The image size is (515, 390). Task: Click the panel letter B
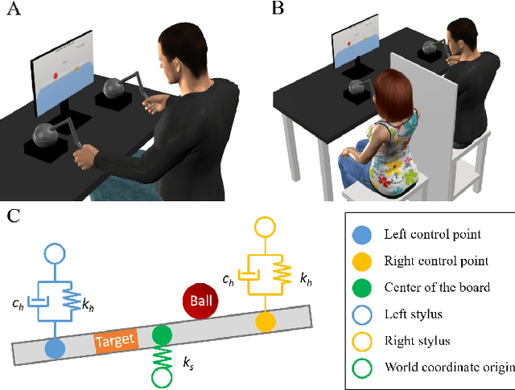[278, 9]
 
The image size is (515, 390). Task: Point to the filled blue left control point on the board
[55, 348]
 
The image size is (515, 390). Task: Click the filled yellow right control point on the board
[265, 321]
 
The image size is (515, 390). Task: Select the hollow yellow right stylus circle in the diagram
[265, 228]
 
